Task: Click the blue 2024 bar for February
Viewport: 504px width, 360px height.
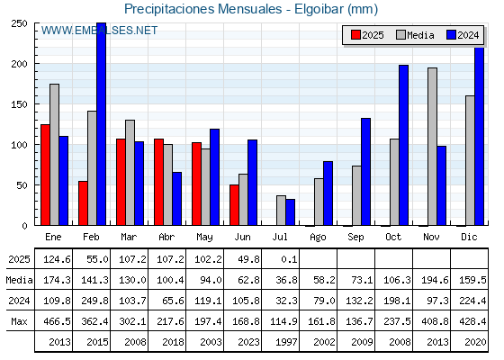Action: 101,124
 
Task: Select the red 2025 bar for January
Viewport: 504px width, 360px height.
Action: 45,175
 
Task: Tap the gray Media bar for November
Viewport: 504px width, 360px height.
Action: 432,147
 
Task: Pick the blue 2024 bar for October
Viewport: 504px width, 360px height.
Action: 404,145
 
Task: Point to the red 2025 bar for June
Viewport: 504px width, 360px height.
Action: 234,205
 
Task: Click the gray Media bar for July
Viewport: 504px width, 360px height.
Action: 281,211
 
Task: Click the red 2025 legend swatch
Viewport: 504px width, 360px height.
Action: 355,35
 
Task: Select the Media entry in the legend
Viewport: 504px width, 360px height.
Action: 415,35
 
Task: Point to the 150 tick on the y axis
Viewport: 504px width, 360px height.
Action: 20,104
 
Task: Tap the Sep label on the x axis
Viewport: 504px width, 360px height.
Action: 355,238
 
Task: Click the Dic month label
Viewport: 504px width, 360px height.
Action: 469,238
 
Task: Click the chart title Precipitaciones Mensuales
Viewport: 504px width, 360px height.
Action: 202,9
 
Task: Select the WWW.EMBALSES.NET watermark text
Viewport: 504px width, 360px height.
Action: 99,31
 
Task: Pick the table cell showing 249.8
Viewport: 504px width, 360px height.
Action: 94,301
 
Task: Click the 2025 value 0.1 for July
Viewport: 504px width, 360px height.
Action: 289,259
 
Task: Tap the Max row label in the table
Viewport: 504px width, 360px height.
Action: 19,321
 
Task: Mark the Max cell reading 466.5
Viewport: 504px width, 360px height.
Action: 57,321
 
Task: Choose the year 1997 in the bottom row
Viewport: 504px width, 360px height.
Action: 286,342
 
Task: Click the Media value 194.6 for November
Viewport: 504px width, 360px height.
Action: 435,280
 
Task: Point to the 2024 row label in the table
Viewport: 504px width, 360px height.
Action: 19,301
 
